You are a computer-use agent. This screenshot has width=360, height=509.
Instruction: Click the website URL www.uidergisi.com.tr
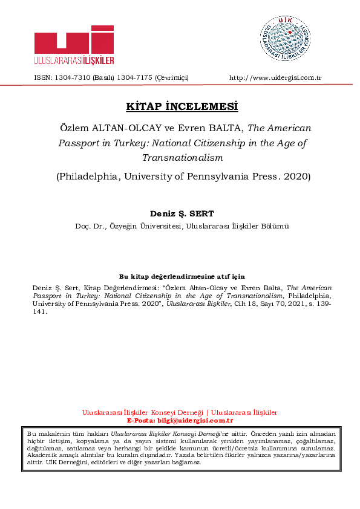pos(275,78)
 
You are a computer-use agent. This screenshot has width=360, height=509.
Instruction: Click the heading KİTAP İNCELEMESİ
pos(182,107)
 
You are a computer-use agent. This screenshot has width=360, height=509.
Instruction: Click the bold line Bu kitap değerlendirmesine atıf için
pos(182,276)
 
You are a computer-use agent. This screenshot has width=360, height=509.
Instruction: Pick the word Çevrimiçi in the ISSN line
pos(172,78)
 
